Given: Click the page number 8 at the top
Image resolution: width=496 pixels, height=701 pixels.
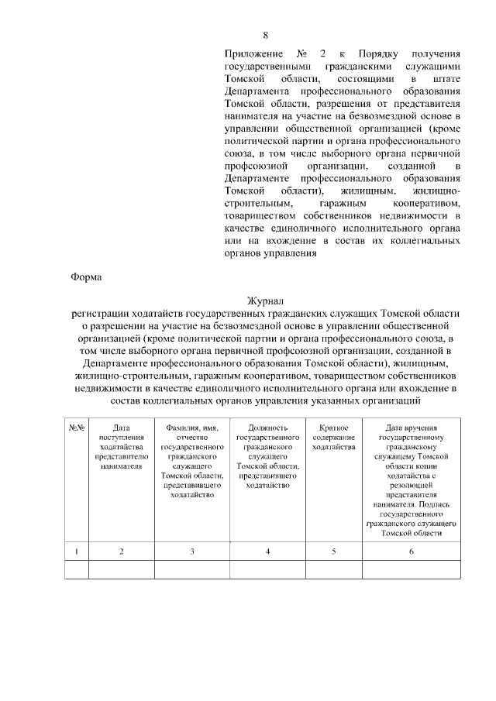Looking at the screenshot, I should point(265,35).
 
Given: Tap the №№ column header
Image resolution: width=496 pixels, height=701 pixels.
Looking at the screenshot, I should point(77,428).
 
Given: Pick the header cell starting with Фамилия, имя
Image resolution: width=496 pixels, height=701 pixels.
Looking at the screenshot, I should point(192,462).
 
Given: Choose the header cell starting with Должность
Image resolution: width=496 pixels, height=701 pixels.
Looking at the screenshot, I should point(267,456).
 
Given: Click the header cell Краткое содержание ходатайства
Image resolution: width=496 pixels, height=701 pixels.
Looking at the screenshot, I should point(333,438).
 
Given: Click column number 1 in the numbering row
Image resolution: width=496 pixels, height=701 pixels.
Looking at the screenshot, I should point(77,551).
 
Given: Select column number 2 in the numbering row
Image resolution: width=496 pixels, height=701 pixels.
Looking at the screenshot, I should point(122,551).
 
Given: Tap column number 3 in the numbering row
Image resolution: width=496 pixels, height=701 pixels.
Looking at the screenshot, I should point(192,551).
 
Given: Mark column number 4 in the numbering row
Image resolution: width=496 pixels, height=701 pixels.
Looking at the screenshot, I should point(267,551).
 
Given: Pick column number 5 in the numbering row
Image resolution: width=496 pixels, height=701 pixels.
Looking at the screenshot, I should point(333,551).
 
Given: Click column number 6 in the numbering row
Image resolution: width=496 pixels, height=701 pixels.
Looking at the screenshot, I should point(411,551).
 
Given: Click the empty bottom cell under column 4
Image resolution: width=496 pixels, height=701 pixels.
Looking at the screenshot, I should point(267,570).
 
